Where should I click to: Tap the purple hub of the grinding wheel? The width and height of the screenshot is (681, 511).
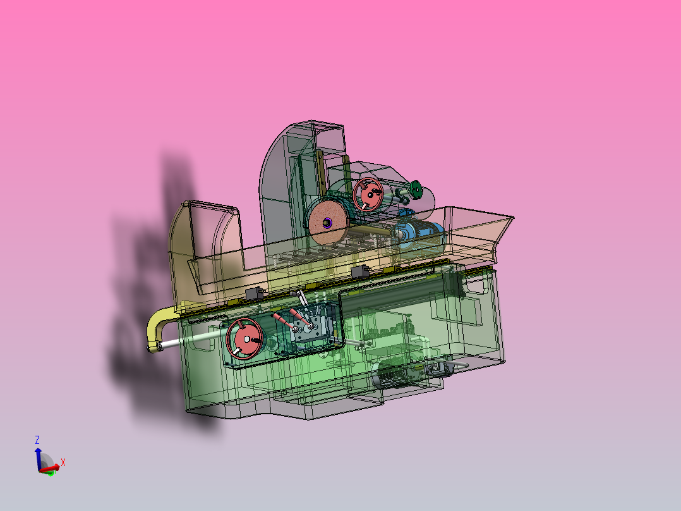click(x=327, y=222)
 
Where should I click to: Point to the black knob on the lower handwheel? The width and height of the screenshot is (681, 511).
click(x=256, y=340)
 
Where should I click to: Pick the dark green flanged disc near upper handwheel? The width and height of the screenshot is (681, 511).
click(x=415, y=188)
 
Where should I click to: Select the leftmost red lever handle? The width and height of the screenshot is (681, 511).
click(x=279, y=318)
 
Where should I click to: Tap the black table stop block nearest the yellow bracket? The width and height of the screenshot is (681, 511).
click(x=256, y=293)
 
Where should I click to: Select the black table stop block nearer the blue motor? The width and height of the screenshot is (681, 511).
click(x=361, y=272)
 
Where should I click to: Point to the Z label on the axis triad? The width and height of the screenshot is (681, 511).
click(x=37, y=440)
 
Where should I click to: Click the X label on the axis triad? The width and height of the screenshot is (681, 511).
click(x=63, y=462)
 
